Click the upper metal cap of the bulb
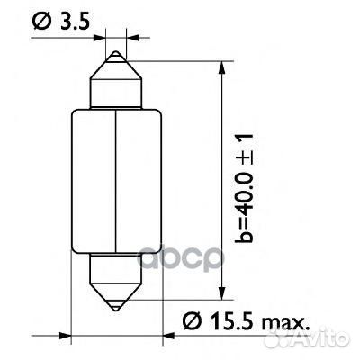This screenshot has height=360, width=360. point(116,81)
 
